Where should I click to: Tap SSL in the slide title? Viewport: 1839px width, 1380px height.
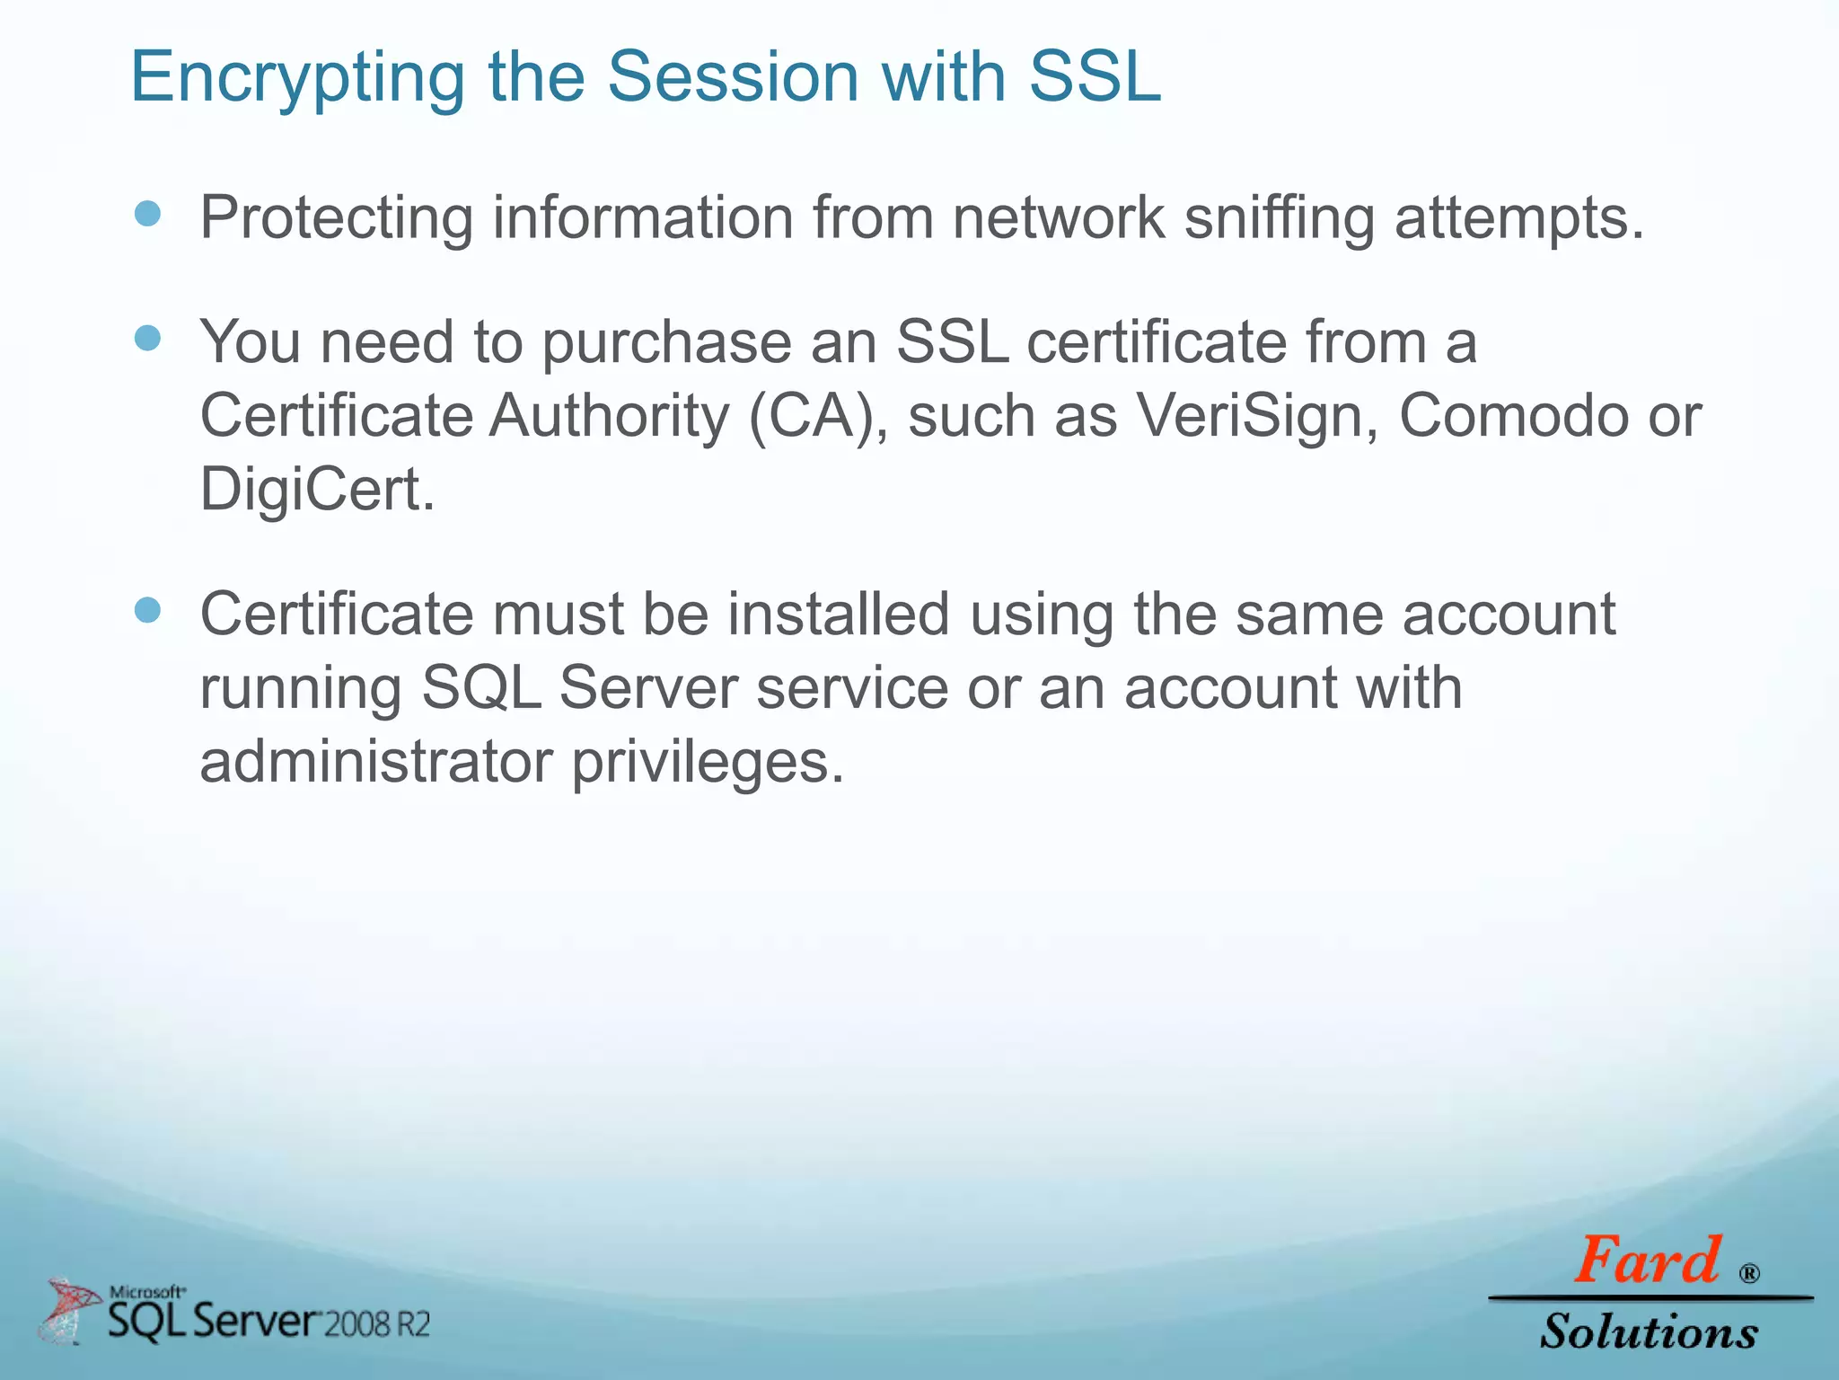pyautogui.click(x=1095, y=77)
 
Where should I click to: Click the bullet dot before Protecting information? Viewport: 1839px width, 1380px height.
pyautogui.click(x=147, y=214)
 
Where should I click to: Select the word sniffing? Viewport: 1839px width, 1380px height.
pyautogui.click(x=1279, y=219)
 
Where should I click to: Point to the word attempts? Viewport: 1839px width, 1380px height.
pyautogui.click(x=1518, y=219)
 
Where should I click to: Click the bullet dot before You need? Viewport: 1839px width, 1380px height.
pyautogui.click(x=147, y=339)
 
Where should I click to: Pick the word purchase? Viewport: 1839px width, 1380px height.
pyautogui.click(x=665, y=345)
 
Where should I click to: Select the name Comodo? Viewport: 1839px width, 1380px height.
pyautogui.click(x=1513, y=417)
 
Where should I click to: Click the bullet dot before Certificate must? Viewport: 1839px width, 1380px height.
pyautogui.click(x=147, y=611)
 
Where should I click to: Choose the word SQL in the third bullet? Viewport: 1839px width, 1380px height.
pyautogui.click(x=481, y=690)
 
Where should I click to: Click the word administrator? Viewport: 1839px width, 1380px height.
pyautogui.click(x=376, y=762)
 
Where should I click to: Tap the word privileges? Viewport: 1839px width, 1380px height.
pyautogui.click(x=708, y=764)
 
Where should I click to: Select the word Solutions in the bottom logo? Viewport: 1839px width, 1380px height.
pyautogui.click(x=1649, y=1331)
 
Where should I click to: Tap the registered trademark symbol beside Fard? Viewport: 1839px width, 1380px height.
pyautogui.click(x=1748, y=1273)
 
